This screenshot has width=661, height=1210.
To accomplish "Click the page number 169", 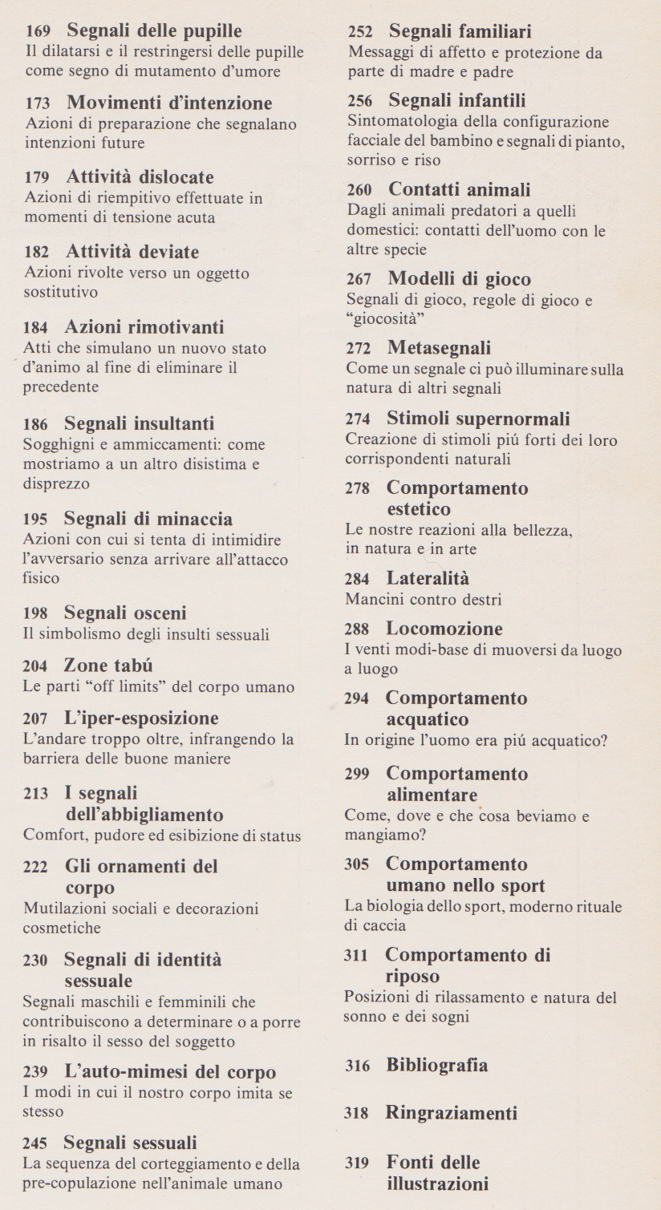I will pos(38,32).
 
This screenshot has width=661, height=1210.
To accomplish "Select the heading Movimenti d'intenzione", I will pos(168,103).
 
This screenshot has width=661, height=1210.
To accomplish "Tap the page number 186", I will pos(35,424).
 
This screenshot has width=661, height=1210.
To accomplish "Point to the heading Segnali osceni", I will pos(124,613).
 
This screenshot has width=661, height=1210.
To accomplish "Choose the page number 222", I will pos(35,868).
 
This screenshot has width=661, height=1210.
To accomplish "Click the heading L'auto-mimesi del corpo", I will pos(169,1072).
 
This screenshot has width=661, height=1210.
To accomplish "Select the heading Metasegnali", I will pos(439,348).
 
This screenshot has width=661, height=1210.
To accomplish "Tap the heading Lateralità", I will pos(428,578).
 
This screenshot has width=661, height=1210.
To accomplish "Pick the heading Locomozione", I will pos(444,629).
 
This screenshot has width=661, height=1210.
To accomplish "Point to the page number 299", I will pos(357,775).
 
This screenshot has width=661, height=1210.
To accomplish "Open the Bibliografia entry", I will pos(436,1065).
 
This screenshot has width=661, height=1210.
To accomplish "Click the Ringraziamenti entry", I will pos(451,1113).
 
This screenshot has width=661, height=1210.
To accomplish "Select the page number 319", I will pos(357,1163).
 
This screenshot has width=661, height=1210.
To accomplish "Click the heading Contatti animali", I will pos(459,190).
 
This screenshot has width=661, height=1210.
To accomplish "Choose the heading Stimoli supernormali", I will pos(478,419).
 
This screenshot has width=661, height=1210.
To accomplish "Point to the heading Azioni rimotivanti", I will pos(144,327).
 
